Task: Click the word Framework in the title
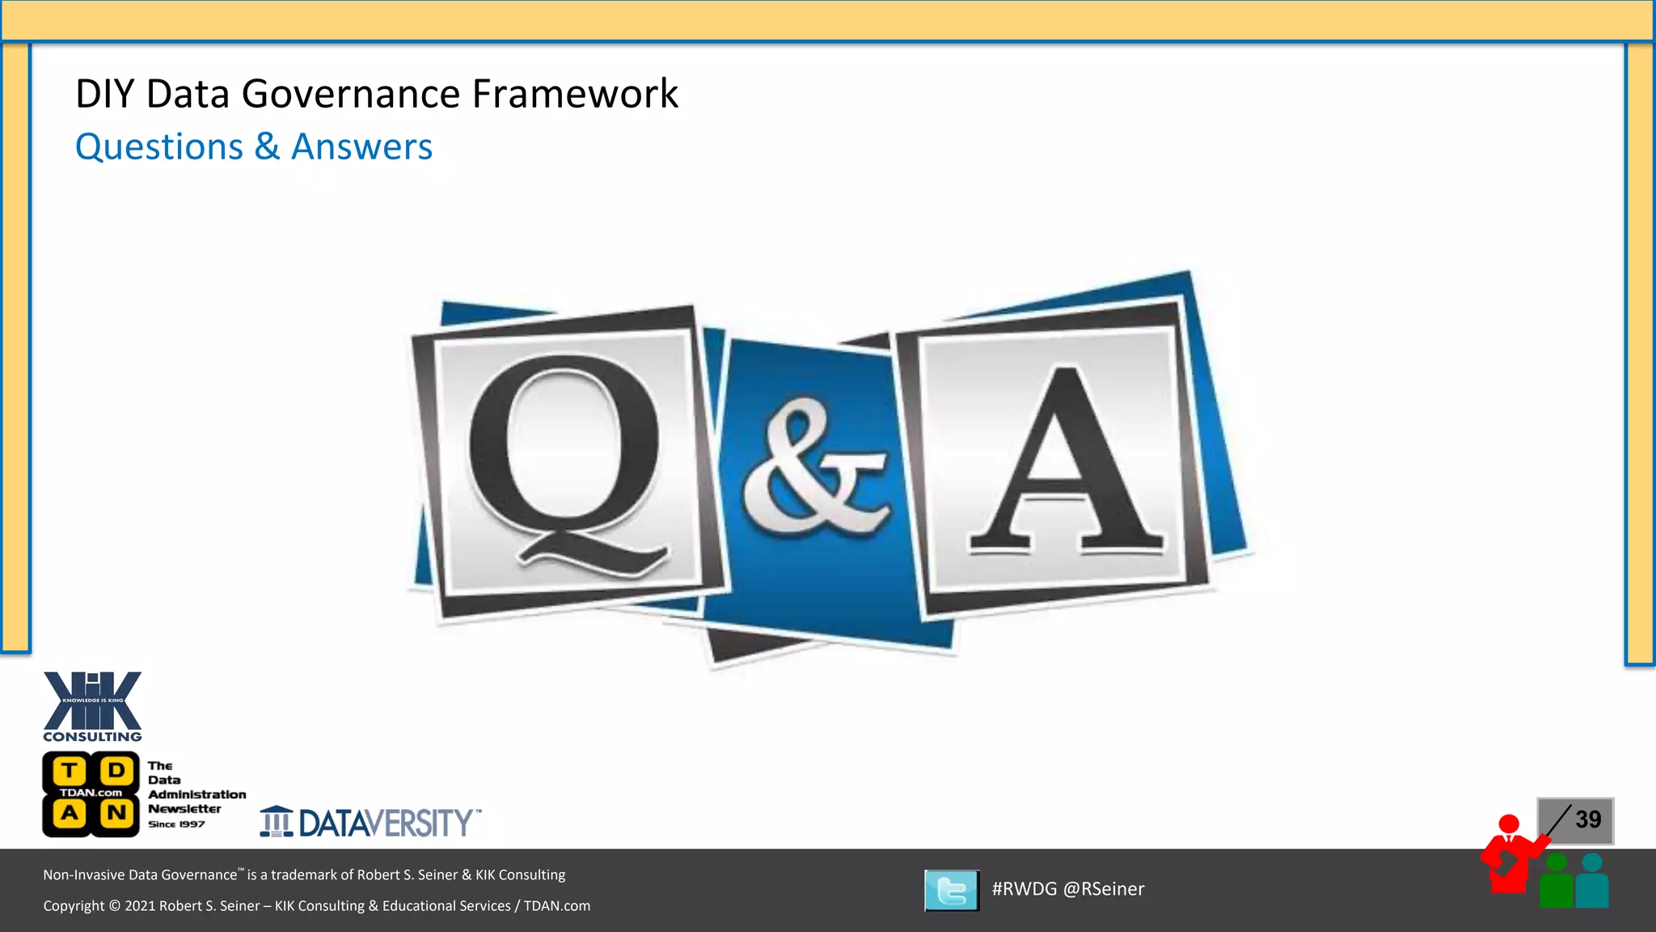tap(575, 94)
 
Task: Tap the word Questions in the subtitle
tap(159, 147)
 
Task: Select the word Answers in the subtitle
tap(361, 147)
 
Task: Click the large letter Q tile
tap(566, 461)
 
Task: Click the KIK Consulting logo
tap(92, 705)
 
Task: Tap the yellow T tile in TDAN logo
tap(70, 770)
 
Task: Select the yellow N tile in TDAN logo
tap(116, 812)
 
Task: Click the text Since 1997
tap(176, 824)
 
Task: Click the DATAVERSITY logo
tap(370, 823)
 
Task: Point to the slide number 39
tap(1588, 820)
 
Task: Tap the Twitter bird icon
tap(952, 890)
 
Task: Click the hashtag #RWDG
tap(1024, 889)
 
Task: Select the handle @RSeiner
tap(1104, 889)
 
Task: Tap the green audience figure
tap(1557, 882)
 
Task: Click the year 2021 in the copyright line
tap(139, 906)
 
